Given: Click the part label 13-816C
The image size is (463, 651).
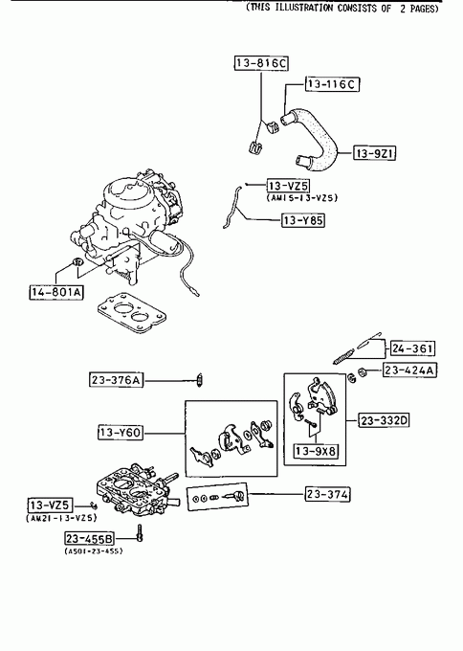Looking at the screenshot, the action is click(x=261, y=63).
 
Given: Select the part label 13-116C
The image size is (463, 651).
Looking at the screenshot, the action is click(x=332, y=84).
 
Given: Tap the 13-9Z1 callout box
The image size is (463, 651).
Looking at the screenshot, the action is click(x=374, y=153).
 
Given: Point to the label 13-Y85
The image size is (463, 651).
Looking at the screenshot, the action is click(x=303, y=220).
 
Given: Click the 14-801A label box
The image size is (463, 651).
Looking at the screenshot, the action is click(x=56, y=292).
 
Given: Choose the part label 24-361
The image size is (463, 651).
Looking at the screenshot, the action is click(x=412, y=348).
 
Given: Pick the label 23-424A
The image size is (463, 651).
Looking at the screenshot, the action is click(x=409, y=370).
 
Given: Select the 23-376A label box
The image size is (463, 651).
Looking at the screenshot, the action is click(x=116, y=380).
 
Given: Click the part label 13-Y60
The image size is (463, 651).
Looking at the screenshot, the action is click(x=120, y=432).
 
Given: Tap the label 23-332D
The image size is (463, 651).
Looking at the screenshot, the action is click(x=384, y=420).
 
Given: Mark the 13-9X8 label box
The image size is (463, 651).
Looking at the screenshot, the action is click(x=316, y=451).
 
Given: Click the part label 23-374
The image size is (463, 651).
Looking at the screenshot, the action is click(x=327, y=494).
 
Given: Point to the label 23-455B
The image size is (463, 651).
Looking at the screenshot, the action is click(x=89, y=538).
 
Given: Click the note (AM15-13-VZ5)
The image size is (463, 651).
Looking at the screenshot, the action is click(x=302, y=197).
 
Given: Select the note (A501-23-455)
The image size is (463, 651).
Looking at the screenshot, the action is click(x=94, y=550).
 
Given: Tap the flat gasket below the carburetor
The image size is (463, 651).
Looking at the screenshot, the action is click(x=132, y=312).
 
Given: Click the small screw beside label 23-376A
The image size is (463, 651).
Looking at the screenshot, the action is click(x=200, y=380).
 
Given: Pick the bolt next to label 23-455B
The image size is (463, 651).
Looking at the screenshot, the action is click(x=140, y=532).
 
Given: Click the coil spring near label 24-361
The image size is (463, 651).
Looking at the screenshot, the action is click(x=343, y=357).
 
